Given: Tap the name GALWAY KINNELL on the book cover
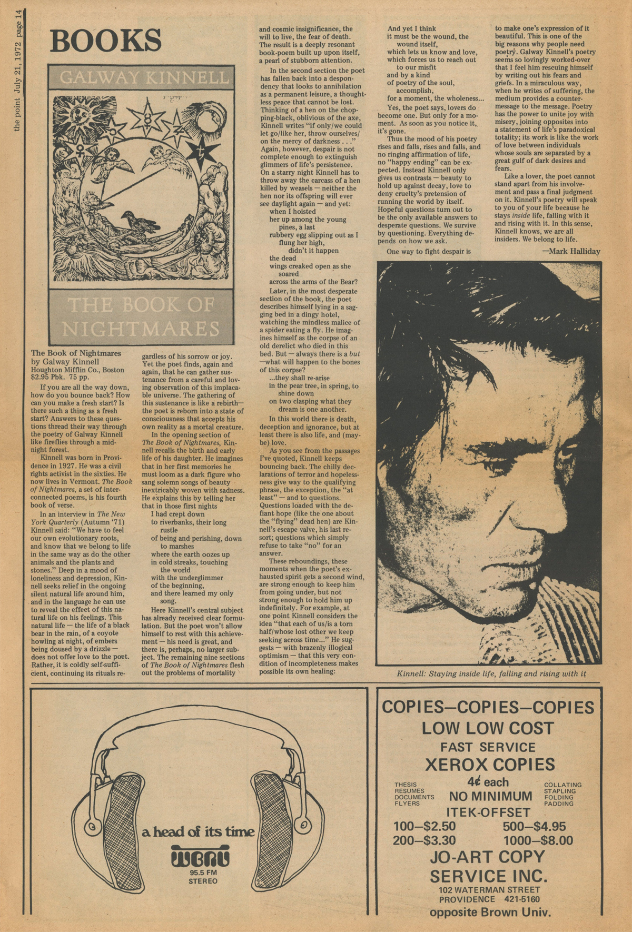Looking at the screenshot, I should [x=144, y=78].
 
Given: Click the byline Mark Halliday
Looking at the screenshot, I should [x=571, y=251].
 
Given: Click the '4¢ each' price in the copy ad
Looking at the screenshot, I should [x=487, y=782].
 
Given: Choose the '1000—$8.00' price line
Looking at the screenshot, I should [x=538, y=840].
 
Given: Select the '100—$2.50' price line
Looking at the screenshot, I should [x=424, y=826].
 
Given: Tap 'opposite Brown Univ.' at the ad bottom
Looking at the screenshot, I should [x=490, y=913].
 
